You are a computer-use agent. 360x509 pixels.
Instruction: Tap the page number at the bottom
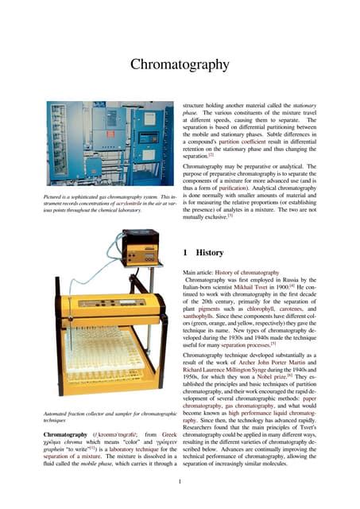(x=180, y=481)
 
